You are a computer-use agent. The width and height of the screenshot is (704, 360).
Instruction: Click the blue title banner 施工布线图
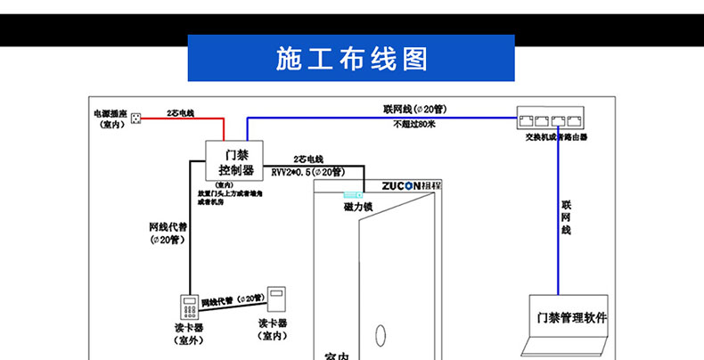tap(351, 58)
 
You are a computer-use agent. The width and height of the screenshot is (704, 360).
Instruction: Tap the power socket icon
tap(136, 118)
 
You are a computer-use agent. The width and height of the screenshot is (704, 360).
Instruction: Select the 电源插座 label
tap(111, 119)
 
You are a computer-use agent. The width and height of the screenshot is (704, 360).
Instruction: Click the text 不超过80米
tap(414, 125)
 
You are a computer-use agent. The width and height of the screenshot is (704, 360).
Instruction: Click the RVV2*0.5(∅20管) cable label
tap(307, 172)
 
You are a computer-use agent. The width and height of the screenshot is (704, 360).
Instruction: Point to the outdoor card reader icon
tap(191, 307)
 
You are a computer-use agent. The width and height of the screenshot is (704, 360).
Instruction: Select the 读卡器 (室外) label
tap(188, 333)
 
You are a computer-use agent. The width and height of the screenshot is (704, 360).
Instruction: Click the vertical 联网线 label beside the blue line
tap(565, 217)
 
